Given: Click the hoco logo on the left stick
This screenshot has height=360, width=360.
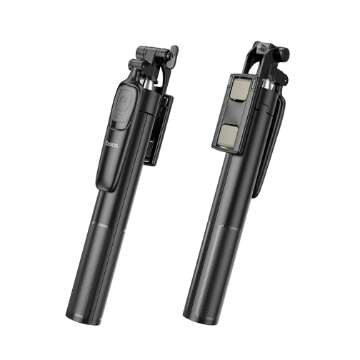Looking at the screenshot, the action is (x=111, y=144).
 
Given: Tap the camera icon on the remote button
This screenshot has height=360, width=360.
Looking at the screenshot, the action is (x=124, y=99).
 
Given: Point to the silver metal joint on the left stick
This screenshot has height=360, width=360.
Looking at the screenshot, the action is (x=149, y=85).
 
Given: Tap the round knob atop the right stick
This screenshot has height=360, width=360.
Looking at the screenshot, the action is (x=284, y=54).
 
